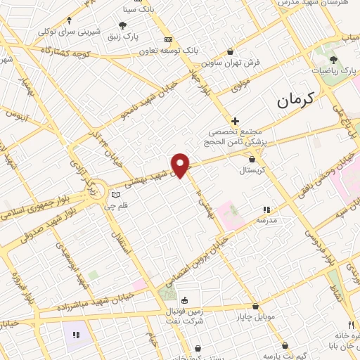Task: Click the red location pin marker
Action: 181,165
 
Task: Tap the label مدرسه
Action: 266,220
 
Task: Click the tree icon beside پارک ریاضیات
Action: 333,60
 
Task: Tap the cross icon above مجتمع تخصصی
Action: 235,120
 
